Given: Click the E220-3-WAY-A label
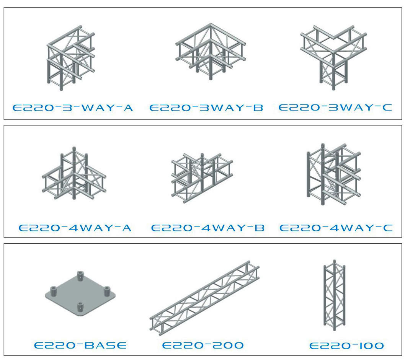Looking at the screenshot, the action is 73,108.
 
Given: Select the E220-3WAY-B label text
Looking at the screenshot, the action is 206,108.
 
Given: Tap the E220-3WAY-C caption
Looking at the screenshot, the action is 335,108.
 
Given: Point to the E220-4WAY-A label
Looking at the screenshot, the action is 75,228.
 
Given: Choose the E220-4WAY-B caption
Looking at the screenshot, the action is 207,228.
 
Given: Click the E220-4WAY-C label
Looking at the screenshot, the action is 336,228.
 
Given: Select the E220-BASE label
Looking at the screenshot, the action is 80,345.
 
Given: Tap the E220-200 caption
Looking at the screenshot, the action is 203,345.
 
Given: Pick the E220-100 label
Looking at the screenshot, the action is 346,345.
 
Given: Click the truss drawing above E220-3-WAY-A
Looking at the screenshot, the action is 70,58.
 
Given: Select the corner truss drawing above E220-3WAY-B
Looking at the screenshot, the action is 211,52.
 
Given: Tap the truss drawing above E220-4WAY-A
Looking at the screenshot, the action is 74,173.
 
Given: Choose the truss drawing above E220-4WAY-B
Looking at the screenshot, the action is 202,178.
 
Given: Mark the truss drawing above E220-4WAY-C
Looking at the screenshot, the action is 333,174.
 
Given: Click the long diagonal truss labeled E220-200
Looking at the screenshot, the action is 204,298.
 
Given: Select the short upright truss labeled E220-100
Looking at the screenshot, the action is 334,295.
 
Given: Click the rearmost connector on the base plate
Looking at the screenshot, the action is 80,275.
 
